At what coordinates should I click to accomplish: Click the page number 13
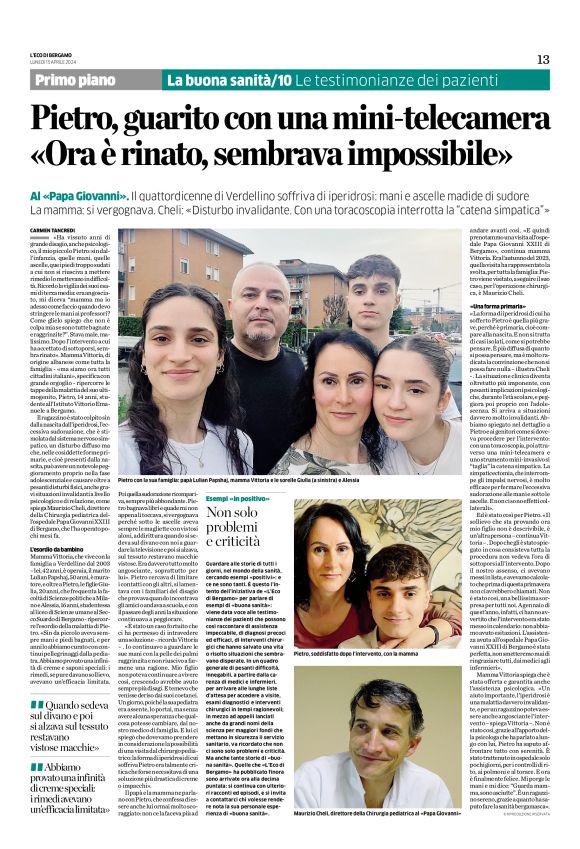(x=543, y=59)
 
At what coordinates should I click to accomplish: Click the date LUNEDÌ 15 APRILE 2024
(x=51, y=61)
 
